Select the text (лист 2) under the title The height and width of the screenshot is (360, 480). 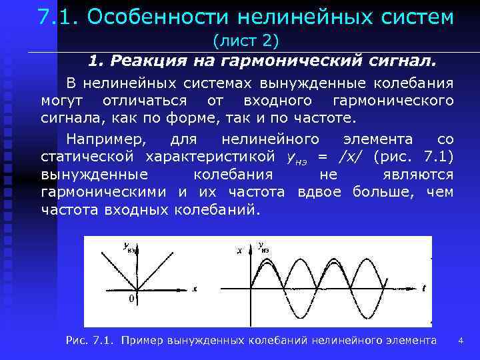pyautogui.click(x=245, y=41)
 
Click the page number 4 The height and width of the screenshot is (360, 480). pyautogui.click(x=460, y=341)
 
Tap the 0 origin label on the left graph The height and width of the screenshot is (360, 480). pyautogui.click(x=131, y=299)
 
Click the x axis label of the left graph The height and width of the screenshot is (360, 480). pyautogui.click(x=195, y=289)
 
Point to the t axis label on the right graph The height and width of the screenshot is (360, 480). pyautogui.click(x=424, y=288)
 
